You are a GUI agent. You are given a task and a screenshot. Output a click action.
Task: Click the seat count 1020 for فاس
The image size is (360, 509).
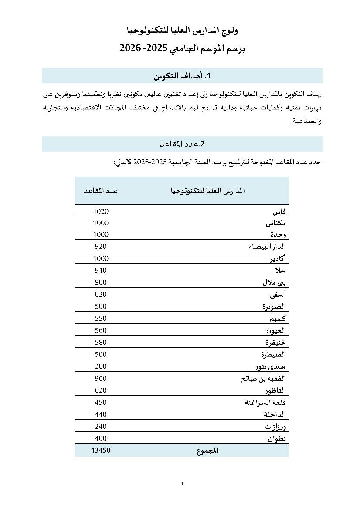point(101,211)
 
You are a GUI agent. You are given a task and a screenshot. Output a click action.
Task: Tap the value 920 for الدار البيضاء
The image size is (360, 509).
point(101,246)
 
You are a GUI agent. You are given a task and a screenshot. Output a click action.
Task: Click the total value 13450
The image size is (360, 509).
point(101,451)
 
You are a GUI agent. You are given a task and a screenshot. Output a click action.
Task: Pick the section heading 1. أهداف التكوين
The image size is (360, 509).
point(182,76)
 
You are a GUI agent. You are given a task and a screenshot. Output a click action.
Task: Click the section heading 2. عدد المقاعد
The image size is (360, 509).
point(182,144)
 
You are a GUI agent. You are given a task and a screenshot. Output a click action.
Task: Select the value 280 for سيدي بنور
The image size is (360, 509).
point(101,366)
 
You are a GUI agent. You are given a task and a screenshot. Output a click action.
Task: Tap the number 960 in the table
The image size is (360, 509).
point(101,378)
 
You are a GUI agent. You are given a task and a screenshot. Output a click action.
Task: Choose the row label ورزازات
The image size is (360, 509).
point(275,426)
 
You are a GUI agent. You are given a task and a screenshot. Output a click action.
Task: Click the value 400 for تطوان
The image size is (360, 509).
point(101,438)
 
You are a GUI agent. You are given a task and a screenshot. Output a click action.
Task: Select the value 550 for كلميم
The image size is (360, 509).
point(101,319)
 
